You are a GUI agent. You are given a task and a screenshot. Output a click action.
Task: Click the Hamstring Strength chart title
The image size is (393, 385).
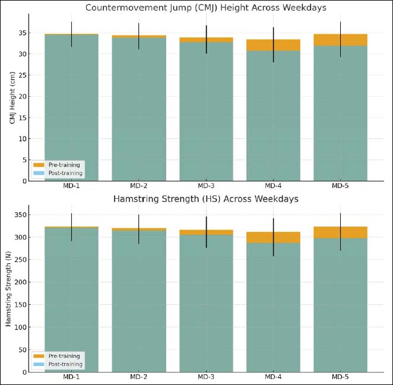pos(205,199)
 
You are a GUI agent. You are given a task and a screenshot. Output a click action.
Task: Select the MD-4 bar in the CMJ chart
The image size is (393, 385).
pos(273,119)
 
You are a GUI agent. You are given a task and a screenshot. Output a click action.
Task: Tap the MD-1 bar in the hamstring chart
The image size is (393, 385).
pos(71,297)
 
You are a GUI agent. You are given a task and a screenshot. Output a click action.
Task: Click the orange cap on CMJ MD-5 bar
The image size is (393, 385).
pos(341,40)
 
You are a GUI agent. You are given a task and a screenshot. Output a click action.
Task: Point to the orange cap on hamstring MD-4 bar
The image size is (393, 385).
pos(273,237)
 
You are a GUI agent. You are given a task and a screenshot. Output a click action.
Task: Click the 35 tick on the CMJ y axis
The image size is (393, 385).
pos(24,33)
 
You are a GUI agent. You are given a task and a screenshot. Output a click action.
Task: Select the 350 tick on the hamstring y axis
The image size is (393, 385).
pos(23,214)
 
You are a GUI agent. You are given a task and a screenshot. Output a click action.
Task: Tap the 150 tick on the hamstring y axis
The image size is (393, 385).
pos(23,304)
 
